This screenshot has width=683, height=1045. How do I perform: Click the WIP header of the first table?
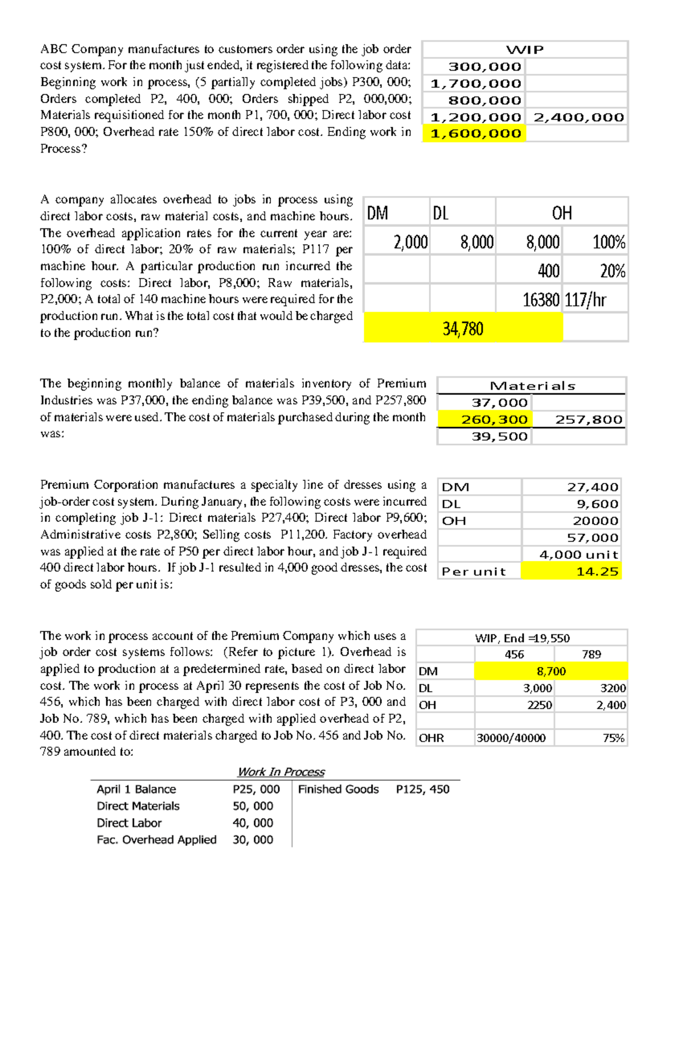525,50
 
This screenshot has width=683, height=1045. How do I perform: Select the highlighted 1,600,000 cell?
475,133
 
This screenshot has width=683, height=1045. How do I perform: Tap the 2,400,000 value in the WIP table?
578,117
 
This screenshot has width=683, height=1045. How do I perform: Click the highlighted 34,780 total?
463,329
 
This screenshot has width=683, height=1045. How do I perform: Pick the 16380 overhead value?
541,300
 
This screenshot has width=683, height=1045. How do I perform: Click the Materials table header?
532,386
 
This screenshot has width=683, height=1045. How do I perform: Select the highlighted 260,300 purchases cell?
494,420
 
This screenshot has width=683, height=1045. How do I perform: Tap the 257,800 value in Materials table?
589,420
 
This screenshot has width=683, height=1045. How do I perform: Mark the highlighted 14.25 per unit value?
597,572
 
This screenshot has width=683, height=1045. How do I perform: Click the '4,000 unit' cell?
578,555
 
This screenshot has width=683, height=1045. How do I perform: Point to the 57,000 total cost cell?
592,538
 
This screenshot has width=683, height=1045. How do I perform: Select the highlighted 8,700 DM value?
551,671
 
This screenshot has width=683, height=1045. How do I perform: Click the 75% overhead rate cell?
614,739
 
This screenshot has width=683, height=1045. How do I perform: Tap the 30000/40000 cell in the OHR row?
511,739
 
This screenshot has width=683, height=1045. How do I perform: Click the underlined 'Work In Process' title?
281,772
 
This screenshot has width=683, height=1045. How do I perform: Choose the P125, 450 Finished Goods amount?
422,789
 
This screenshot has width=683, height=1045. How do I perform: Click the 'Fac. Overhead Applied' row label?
157,840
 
